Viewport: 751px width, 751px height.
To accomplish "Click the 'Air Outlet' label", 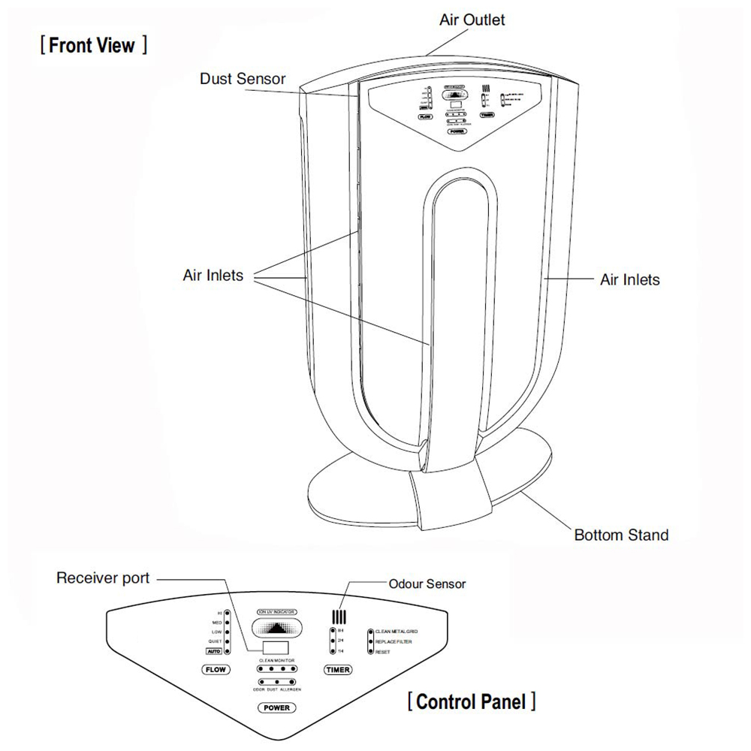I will [472, 20].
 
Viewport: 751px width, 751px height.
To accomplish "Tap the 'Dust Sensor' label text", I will [243, 79].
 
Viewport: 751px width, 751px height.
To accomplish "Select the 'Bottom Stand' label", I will [620, 535].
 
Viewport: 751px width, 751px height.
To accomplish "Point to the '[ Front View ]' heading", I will [93, 46].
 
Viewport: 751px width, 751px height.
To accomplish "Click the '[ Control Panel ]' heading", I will [472, 702].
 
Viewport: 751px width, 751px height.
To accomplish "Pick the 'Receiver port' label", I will [104, 578].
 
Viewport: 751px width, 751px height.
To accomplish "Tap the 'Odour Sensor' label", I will [427, 584].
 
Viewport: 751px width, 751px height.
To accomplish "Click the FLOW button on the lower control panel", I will [216, 668].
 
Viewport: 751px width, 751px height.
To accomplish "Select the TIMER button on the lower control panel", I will [339, 669].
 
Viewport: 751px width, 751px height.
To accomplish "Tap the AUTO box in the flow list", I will [213, 652].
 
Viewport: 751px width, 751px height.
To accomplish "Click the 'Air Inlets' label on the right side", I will [629, 280].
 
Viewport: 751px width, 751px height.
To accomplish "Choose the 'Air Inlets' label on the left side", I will [213, 275].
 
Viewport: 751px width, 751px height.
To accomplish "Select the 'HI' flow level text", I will [219, 613].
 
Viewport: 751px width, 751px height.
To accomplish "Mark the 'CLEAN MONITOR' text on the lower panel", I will [275, 659].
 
